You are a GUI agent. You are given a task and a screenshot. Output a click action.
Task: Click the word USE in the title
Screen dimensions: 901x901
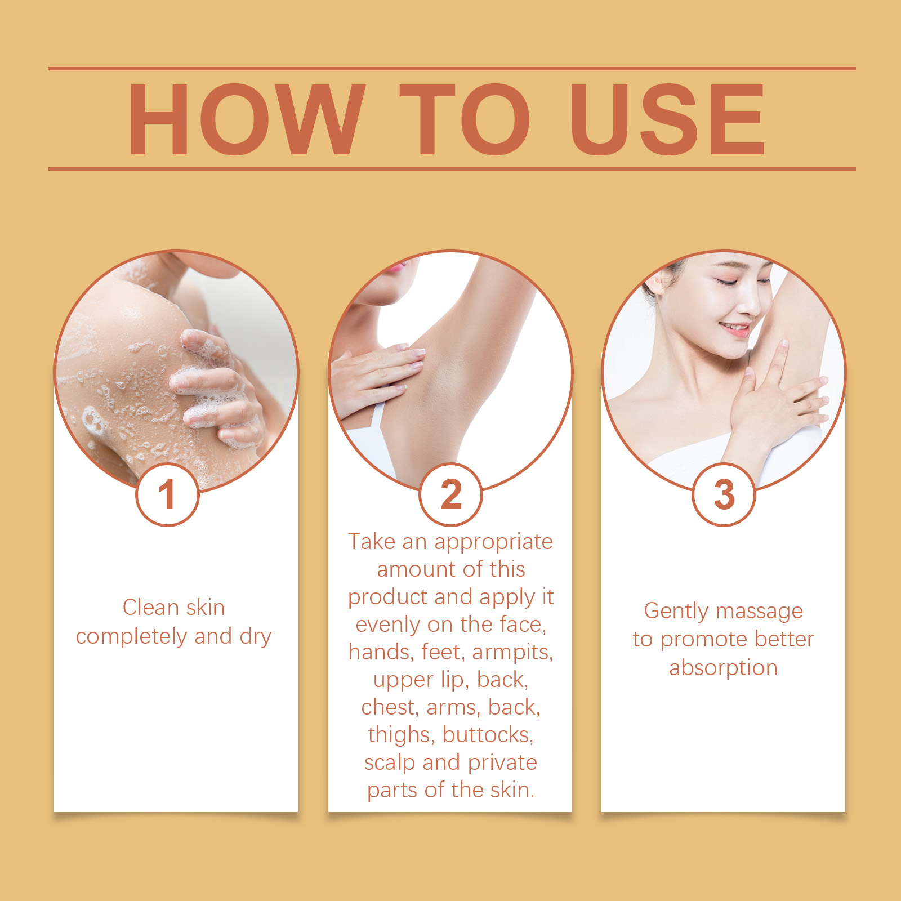tap(668, 119)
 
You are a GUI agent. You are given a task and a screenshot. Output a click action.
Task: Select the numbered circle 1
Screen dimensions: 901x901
tap(167, 494)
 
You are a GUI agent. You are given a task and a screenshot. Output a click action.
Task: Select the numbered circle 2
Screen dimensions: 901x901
tap(450, 494)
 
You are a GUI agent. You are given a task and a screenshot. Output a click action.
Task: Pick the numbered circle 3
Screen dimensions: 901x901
tap(724, 494)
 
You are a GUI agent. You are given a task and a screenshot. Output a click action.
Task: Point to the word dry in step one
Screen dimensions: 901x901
tap(256, 637)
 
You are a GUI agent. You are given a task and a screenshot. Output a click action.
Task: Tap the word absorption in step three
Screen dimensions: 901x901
tap(724, 668)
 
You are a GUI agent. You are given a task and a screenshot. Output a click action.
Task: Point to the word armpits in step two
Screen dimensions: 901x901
tap(512, 653)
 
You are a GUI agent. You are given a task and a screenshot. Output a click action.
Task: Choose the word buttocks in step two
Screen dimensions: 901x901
tap(488, 735)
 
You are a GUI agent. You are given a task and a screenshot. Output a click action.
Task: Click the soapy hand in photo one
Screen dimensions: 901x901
tap(217, 389)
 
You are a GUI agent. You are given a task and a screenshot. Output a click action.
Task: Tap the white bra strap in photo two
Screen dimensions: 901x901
tap(376, 417)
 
